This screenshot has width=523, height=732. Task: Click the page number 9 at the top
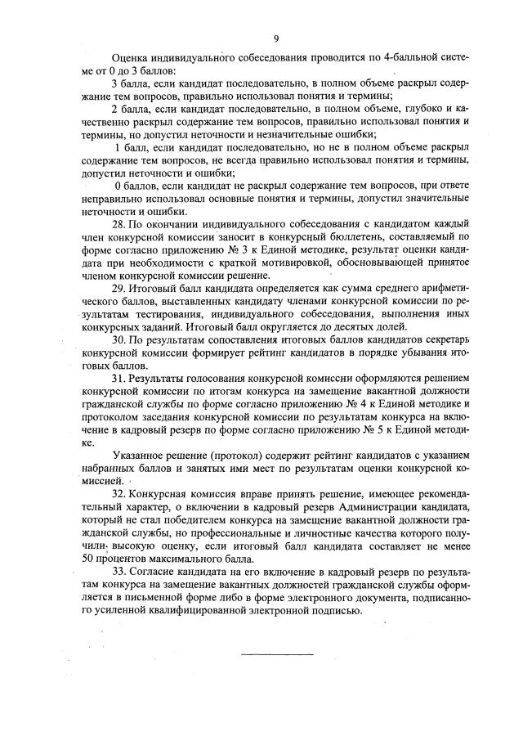(x=277, y=38)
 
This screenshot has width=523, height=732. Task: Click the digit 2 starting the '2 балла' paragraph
(x=113, y=109)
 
